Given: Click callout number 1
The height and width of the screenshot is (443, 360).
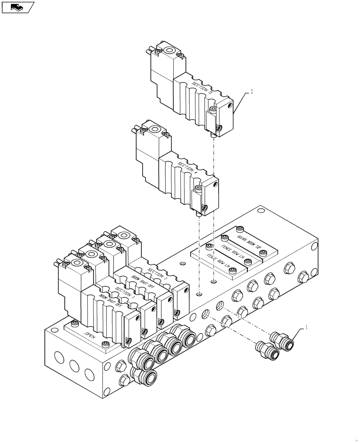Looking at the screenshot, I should pos(305,328).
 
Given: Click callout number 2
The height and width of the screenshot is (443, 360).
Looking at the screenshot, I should pos(251,92).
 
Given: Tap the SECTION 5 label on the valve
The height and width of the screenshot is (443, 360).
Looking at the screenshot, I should pos(202,87).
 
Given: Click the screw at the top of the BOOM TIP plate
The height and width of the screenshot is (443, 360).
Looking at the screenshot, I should pos(240,229).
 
